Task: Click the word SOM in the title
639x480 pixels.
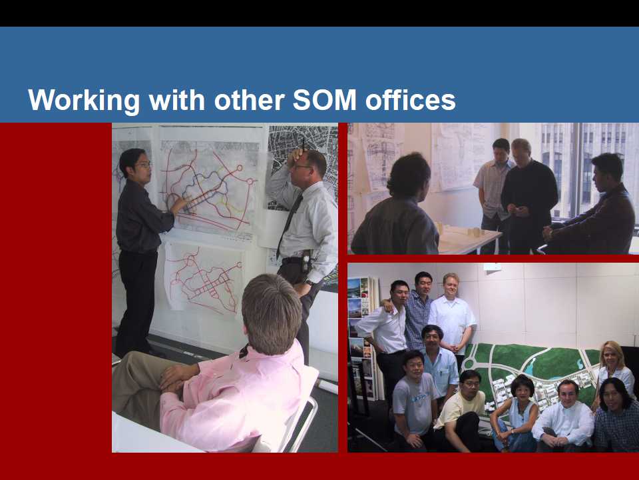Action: click(x=325, y=99)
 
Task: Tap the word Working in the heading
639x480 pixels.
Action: click(x=84, y=101)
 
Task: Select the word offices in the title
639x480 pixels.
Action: click(x=411, y=100)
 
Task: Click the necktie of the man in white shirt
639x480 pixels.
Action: click(x=290, y=224)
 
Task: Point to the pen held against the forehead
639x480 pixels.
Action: click(x=303, y=145)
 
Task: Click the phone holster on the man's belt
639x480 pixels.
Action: click(x=306, y=261)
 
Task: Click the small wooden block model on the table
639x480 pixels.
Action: click(x=475, y=232)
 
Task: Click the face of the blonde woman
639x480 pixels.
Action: click(x=611, y=357)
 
